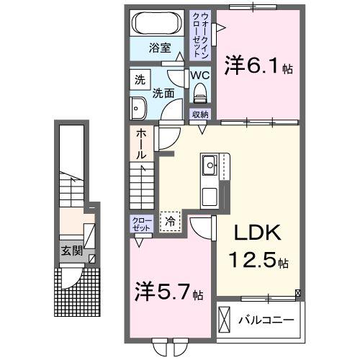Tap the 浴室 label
159,48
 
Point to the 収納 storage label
199,114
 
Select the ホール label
142,144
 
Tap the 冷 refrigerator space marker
171,222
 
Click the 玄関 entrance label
70,251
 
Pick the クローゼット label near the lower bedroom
141,225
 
